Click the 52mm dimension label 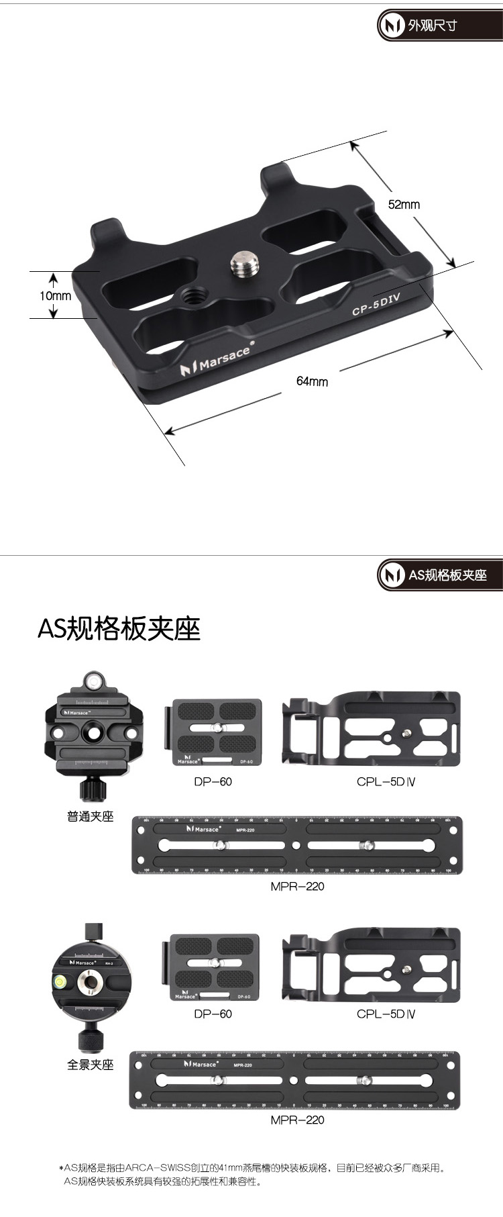tap(404, 205)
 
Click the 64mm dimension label tap(312, 381)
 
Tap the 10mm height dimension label tap(55, 295)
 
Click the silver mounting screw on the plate tap(241, 264)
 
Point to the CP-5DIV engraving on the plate tap(376, 306)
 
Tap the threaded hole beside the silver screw tap(195, 294)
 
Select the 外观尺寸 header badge tap(439, 26)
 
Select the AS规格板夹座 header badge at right tap(439, 575)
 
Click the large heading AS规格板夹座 tap(119, 629)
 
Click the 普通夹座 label tap(91, 816)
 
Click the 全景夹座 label tap(91, 1065)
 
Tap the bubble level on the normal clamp tap(93, 682)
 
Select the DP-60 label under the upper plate tap(213, 781)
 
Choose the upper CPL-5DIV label tap(386, 781)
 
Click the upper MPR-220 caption tap(297, 886)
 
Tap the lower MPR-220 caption tap(297, 1120)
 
